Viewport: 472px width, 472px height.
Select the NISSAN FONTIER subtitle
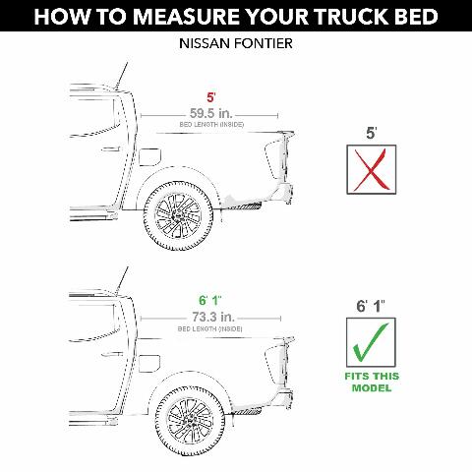point(236,44)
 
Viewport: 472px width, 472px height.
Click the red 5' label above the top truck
point(210,98)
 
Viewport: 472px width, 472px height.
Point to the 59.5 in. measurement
point(210,115)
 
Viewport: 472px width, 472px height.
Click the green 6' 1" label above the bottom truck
point(210,301)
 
